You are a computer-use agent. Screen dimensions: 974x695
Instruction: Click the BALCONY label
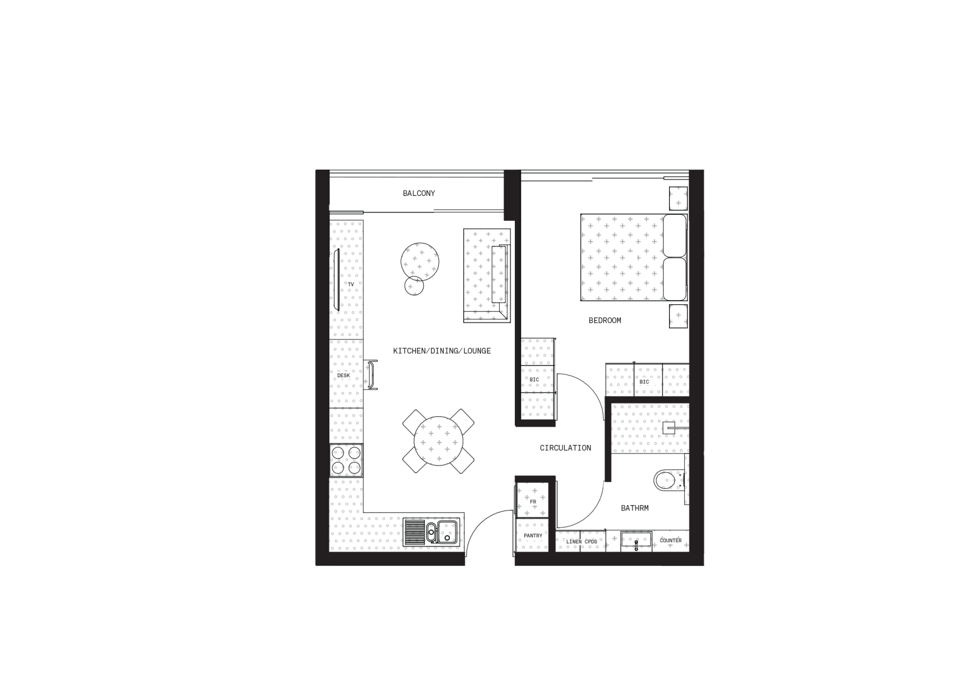tap(419, 194)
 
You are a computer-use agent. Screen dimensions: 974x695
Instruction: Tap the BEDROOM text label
tap(605, 320)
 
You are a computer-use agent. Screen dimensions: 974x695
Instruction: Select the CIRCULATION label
tap(566, 448)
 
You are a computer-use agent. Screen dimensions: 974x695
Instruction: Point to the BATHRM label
tap(635, 508)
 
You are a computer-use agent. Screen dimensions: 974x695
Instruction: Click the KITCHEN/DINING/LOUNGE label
tap(442, 351)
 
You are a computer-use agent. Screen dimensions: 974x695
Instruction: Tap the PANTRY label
tap(533, 536)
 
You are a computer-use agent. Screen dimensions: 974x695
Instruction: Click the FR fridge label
tap(533, 502)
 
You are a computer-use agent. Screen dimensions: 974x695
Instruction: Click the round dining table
tap(438, 441)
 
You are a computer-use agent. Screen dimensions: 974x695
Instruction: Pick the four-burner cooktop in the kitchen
tap(346, 460)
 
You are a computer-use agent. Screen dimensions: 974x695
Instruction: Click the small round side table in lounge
tap(414, 286)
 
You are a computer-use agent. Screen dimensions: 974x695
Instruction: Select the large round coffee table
tap(419, 262)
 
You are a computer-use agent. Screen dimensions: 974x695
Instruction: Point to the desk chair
tap(371, 375)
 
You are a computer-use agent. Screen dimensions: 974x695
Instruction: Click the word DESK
tap(343, 375)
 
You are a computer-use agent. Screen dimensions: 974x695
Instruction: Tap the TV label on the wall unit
tap(351, 284)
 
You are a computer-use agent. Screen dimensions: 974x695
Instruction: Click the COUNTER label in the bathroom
tap(671, 540)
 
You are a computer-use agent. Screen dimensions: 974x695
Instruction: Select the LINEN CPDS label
tap(582, 542)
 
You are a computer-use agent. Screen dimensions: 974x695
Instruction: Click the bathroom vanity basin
tap(636, 540)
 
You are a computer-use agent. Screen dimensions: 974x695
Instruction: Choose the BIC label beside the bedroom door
tap(534, 379)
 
